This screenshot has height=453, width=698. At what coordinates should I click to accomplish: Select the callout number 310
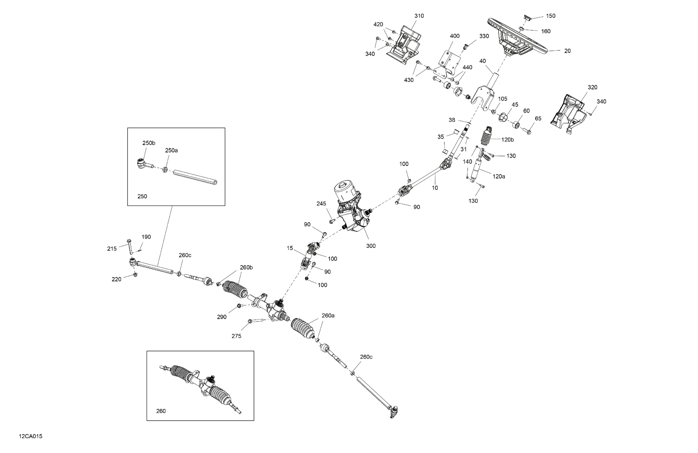coord(419,16)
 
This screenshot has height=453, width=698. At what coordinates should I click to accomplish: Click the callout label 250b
coord(149,143)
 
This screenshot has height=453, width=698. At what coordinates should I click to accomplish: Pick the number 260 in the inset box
coord(161,411)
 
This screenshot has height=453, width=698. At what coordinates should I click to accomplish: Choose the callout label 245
coord(321,204)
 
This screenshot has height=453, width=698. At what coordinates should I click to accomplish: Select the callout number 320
coord(592,87)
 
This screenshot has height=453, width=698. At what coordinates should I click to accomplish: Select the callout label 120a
coord(499,176)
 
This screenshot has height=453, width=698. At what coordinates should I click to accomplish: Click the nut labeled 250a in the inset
coord(165,170)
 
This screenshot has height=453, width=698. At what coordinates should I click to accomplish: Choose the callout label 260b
coord(246,268)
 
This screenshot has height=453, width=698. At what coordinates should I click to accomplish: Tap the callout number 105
coord(502,99)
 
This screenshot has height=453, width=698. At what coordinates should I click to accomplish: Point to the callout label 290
coord(222,317)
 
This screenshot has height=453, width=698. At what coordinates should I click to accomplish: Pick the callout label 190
coord(146,237)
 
